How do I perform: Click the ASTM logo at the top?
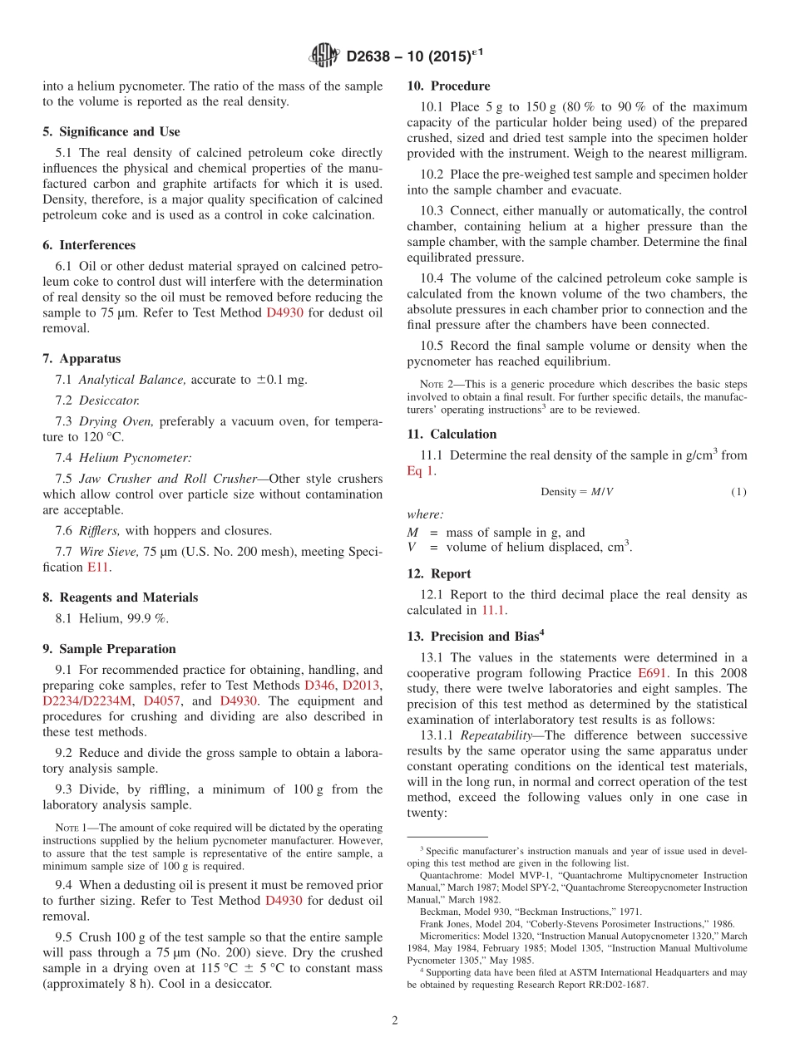pyautogui.click(x=323, y=56)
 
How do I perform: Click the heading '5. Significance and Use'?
pyautogui.click(x=111, y=131)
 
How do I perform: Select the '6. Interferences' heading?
pyautogui.click(x=89, y=245)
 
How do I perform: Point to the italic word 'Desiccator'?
pyautogui.click(x=108, y=401)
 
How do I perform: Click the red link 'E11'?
pyautogui.click(x=97, y=568)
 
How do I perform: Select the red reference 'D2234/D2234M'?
pyautogui.click(x=87, y=701)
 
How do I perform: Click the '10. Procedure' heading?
pyautogui.click(x=448, y=86)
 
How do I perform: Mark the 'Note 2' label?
pyautogui.click(x=431, y=385)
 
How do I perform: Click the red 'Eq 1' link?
pyautogui.click(x=420, y=471)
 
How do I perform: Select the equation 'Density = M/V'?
pyautogui.click(x=576, y=492)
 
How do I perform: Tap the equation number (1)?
pyautogui.click(x=738, y=492)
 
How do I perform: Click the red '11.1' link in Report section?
pyautogui.click(x=493, y=611)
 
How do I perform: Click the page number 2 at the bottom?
pyautogui.click(x=395, y=1021)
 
